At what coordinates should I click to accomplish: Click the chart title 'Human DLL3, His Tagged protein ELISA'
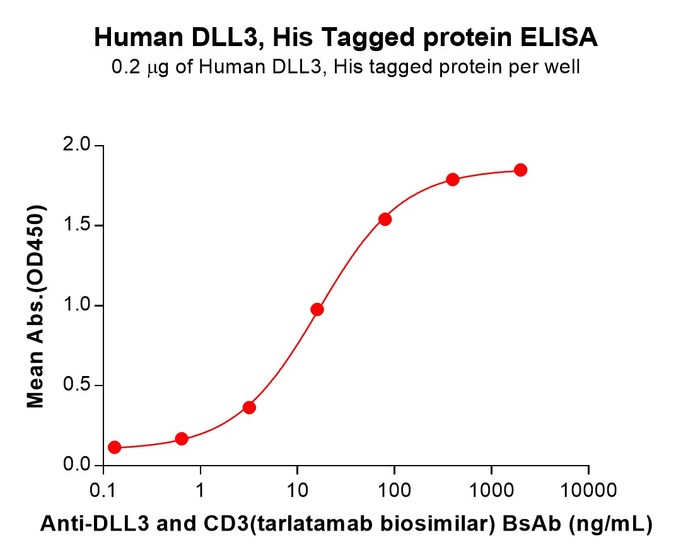pos(346,38)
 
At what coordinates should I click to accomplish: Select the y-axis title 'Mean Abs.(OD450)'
pos(36,306)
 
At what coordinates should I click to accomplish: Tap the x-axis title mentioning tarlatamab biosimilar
pos(346,524)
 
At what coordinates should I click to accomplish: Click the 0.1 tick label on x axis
pos(103,489)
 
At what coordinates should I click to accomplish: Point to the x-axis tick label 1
pos(200,489)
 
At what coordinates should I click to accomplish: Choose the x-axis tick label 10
pos(297,489)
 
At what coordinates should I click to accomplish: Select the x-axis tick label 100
pos(394,489)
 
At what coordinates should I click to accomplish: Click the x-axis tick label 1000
pos(491,489)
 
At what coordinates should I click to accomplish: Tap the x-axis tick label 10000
pos(588,489)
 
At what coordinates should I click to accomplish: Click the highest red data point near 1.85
pos(520,170)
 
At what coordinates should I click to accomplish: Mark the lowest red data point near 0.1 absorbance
pos(114,447)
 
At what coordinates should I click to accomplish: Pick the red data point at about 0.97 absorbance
pos(317,309)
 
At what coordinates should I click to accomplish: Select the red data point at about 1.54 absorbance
pos(385,219)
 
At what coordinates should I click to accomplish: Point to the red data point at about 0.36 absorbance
pos(249,408)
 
